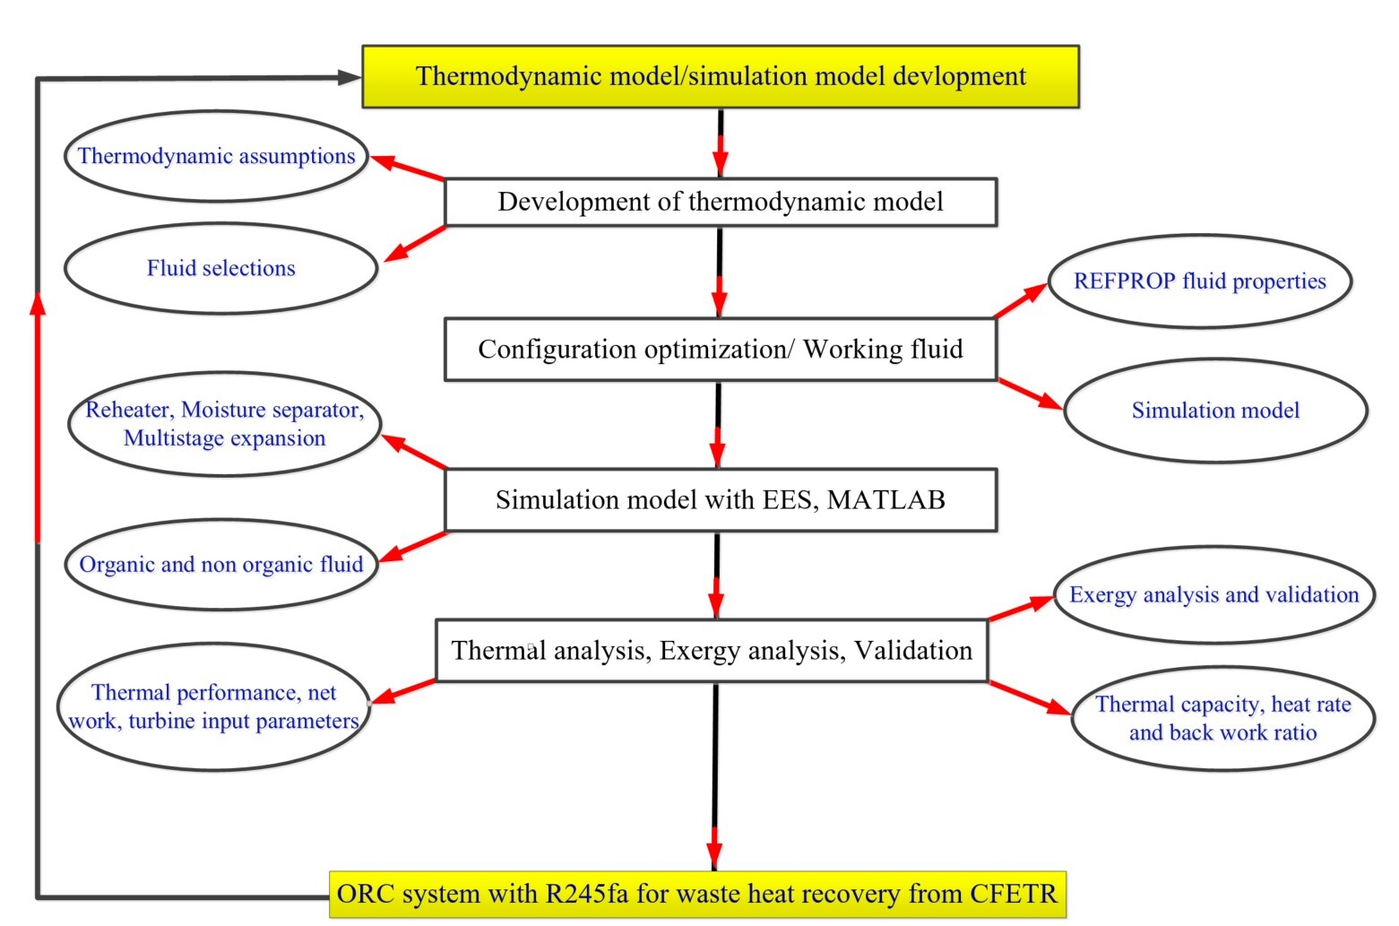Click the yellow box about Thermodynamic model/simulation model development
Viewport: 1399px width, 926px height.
pyautogui.click(x=720, y=77)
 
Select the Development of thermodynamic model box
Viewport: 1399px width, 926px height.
pyautogui.click(x=720, y=202)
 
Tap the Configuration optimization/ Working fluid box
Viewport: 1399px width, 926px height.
pyautogui.click(x=720, y=349)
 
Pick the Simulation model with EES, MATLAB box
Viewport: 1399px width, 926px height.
pyautogui.click(x=720, y=499)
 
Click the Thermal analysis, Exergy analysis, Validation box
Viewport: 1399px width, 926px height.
pyautogui.click(x=711, y=650)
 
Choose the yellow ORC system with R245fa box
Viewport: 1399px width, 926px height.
pyautogui.click(x=697, y=894)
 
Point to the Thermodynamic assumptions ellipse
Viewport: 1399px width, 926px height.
pyautogui.click(x=216, y=156)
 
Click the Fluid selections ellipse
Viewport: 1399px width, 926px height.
pyautogui.click(x=220, y=268)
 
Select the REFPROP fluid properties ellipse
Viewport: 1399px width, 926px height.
pyautogui.click(x=1199, y=281)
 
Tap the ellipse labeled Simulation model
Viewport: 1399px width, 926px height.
pyautogui.click(x=1214, y=411)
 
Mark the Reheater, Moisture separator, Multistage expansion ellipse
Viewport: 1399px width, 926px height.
pyautogui.click(x=224, y=424)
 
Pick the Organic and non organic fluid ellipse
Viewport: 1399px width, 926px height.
pyautogui.click(x=220, y=564)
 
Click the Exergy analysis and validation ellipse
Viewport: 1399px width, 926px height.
pyautogui.click(x=1213, y=595)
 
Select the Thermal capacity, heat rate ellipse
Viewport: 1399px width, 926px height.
pyautogui.click(x=1222, y=718)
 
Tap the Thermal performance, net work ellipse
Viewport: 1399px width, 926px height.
pyautogui.click(x=213, y=706)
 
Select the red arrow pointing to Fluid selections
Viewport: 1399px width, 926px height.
pyautogui.click(x=414, y=243)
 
